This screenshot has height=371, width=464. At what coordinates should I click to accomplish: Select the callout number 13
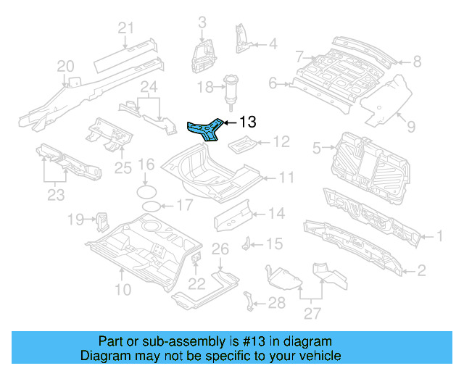pyautogui.click(x=247, y=122)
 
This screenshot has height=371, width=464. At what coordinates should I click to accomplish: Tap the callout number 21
pyautogui.click(x=127, y=28)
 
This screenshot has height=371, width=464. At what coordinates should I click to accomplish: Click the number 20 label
pyautogui.click(x=66, y=67)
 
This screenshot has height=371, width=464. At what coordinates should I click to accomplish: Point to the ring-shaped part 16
pyautogui.click(x=147, y=191)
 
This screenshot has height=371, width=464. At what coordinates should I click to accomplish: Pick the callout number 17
pyautogui.click(x=184, y=205)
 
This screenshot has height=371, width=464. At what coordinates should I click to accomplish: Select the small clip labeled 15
pyautogui.click(x=247, y=242)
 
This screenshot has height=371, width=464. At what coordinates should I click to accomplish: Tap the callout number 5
pyautogui.click(x=316, y=149)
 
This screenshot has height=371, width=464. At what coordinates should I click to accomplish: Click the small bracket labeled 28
pyautogui.click(x=250, y=300)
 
